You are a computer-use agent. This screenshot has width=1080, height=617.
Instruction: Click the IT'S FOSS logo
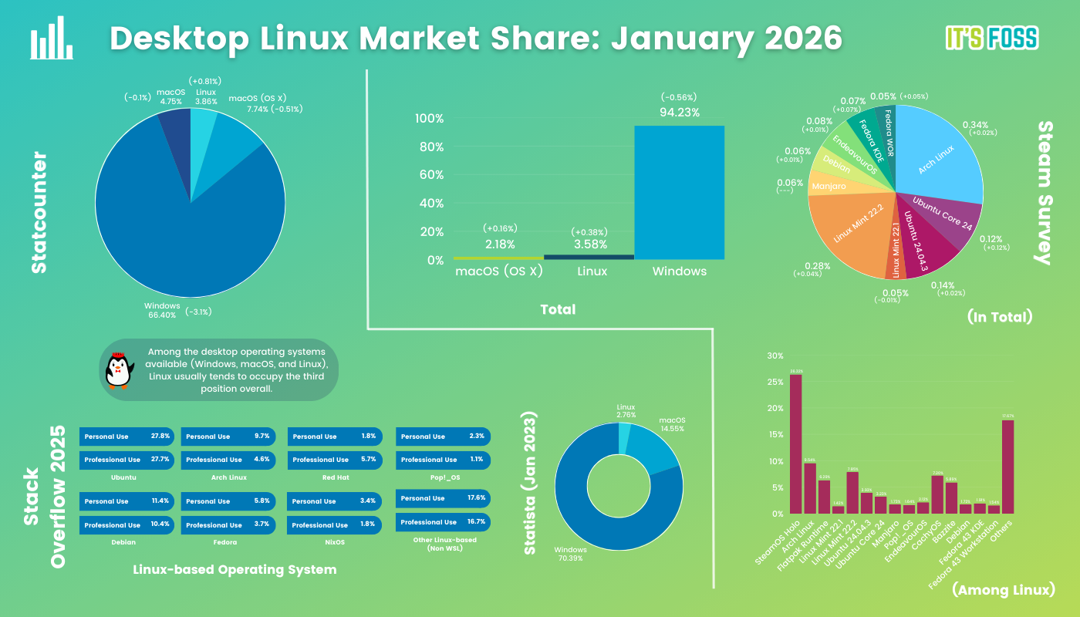pyautogui.click(x=991, y=38)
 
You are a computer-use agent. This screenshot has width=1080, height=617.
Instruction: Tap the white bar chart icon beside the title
pyautogui.click(x=52, y=39)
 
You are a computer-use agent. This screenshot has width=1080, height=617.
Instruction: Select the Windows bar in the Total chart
pyautogui.click(x=679, y=193)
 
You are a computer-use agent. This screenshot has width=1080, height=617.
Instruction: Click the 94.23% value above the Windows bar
pyautogui.click(x=679, y=113)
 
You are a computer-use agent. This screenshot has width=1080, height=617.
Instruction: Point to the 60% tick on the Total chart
pyautogui.click(x=430, y=175)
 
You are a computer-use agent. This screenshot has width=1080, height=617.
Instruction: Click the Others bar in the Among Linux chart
pyautogui.click(x=1007, y=467)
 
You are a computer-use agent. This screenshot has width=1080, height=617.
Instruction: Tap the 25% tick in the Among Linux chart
pyautogui.click(x=774, y=382)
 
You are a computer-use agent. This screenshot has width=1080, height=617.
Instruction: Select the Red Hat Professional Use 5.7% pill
pyautogui.click(x=335, y=460)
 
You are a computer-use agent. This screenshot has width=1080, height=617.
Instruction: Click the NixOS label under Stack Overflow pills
pyautogui.click(x=334, y=542)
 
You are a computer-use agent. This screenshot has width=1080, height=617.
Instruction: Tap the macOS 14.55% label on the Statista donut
pyautogui.click(x=671, y=423)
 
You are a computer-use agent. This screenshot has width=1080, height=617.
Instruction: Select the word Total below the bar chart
pyautogui.click(x=558, y=309)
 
